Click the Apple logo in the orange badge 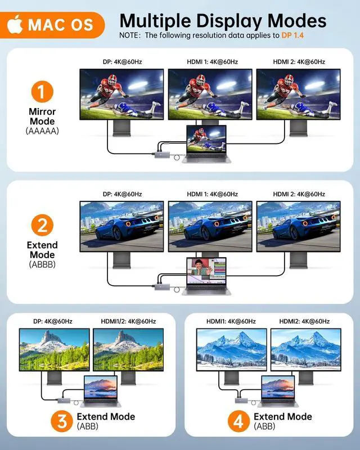pos(15,24)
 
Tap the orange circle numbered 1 pos(42,92)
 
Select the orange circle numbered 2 pos(42,226)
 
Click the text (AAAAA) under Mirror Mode pos(42,130)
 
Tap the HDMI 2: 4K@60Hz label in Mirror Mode pos(299,61)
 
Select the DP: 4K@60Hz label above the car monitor pos(122,194)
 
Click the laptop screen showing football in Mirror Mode pos(206,139)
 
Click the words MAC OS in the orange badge pos(62,25)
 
